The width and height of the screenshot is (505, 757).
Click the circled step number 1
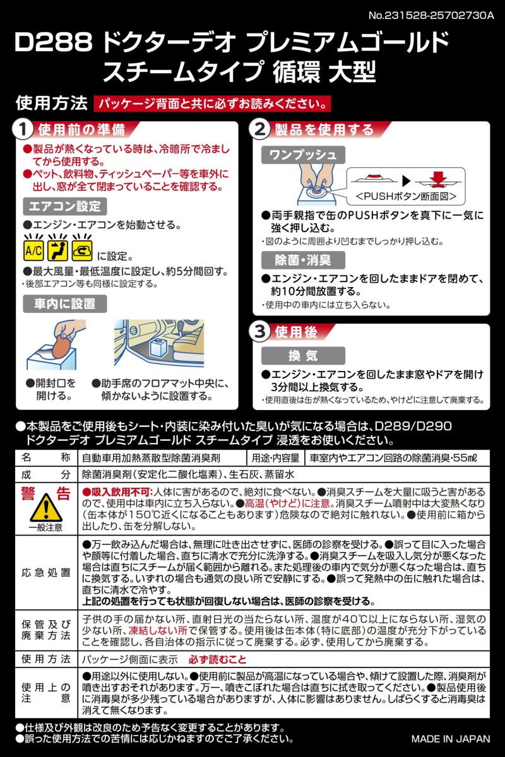click(23, 131)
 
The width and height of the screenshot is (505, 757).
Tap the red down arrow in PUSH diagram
click(436, 176)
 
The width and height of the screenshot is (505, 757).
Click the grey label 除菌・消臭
click(303, 259)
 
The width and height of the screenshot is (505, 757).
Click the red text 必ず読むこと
click(216, 659)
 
